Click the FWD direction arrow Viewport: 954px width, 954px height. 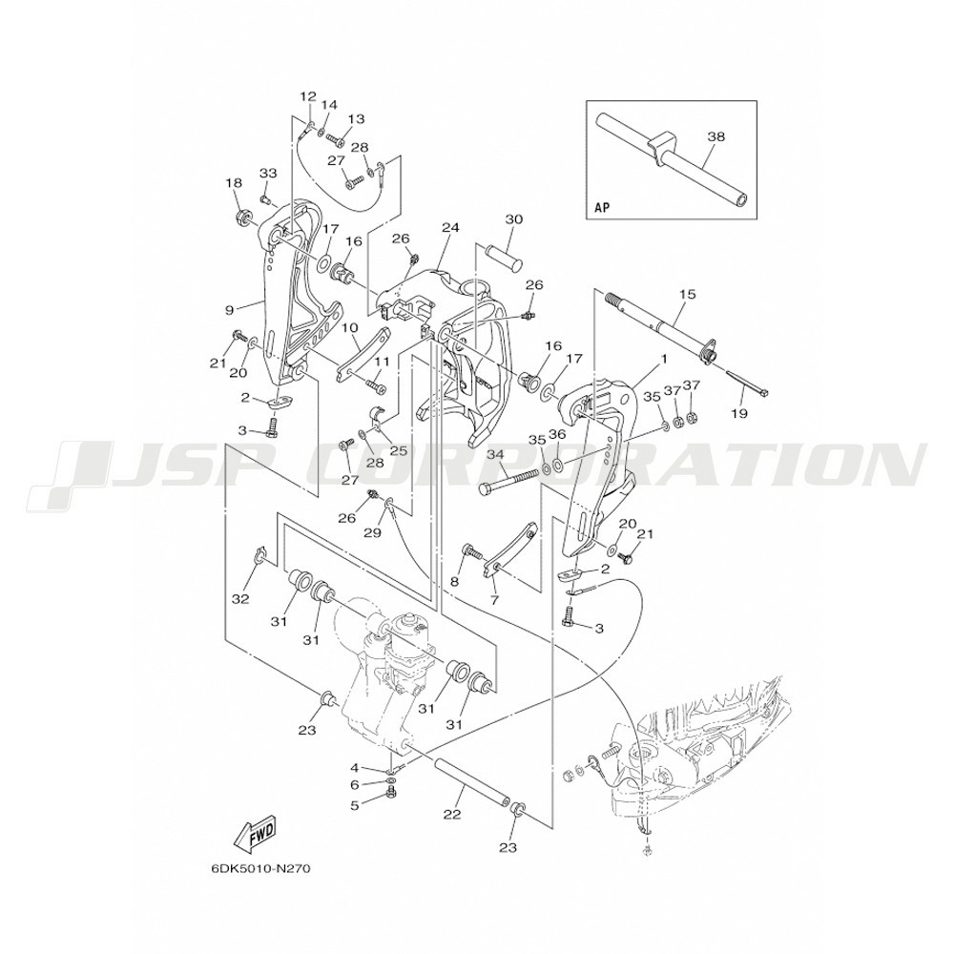click(x=255, y=832)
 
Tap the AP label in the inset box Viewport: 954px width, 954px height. click(x=601, y=207)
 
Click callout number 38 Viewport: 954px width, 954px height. click(x=716, y=136)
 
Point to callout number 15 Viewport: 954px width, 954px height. click(x=687, y=295)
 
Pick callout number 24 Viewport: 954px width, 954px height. click(x=450, y=228)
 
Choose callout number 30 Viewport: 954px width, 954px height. click(x=514, y=219)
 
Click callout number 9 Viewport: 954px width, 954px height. click(x=229, y=310)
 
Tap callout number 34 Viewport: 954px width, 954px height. click(x=495, y=454)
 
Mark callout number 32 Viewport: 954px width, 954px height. click(x=241, y=599)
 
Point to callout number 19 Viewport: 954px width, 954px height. click(x=740, y=414)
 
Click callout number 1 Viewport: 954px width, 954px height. click(x=664, y=359)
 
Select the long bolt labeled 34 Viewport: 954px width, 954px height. click(x=509, y=480)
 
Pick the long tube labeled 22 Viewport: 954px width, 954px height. click(x=470, y=780)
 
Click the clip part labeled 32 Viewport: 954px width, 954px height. click(x=258, y=556)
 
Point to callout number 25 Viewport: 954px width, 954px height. click(x=398, y=451)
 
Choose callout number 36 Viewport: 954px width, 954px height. click(x=557, y=434)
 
